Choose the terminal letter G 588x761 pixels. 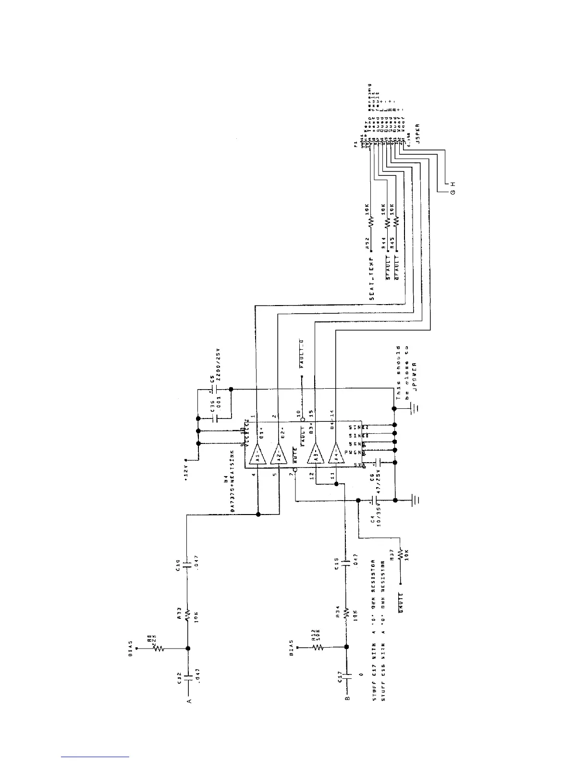click(452, 192)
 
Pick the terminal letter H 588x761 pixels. click(452, 184)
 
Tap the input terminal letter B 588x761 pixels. click(347, 701)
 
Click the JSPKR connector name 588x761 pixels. click(417, 134)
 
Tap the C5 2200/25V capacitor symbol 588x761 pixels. click(212, 389)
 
